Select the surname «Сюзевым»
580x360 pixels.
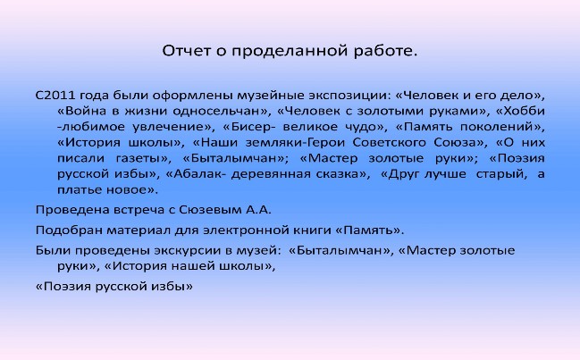click(x=209, y=210)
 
